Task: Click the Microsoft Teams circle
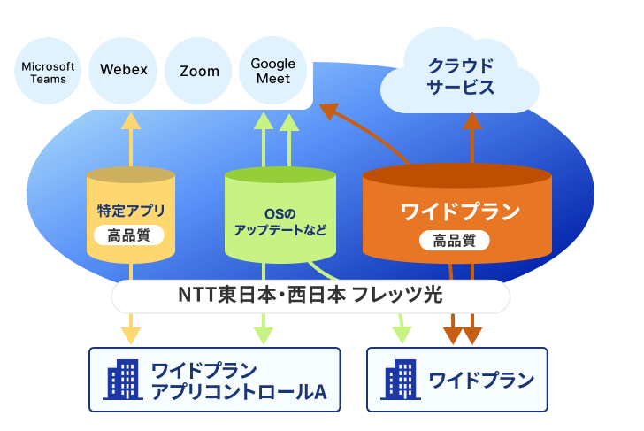[x=48, y=71]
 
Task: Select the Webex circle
[x=123, y=71]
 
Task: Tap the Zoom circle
[x=198, y=71]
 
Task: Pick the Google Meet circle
[x=273, y=71]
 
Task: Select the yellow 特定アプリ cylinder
[x=131, y=215]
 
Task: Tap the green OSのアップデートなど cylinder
[x=280, y=215]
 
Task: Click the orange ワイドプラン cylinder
[x=457, y=213]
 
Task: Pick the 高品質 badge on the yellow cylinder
[x=129, y=235]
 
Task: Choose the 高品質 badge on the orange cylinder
[x=455, y=241]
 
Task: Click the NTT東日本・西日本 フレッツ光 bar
[x=310, y=296]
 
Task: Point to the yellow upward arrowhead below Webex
[x=131, y=120]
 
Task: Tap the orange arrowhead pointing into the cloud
[x=472, y=120]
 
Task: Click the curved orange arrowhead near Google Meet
[x=329, y=110]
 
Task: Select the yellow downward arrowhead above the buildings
[x=131, y=335]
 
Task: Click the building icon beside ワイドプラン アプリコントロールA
[x=123, y=380]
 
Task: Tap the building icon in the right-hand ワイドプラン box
[x=401, y=380]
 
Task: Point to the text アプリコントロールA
[x=239, y=391]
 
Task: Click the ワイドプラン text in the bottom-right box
[x=481, y=380]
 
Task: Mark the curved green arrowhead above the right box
[x=402, y=335]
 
